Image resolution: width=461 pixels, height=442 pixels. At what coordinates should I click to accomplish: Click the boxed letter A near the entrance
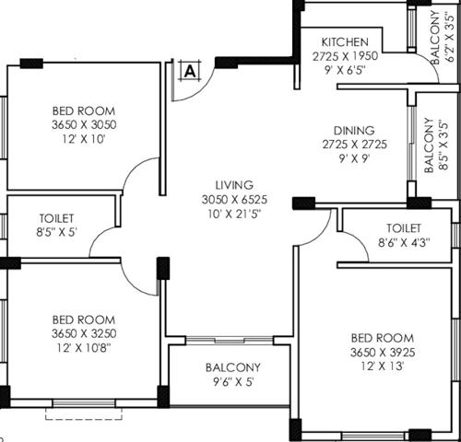tap(190, 69)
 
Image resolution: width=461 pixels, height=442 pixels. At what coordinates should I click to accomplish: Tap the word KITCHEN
tap(346, 42)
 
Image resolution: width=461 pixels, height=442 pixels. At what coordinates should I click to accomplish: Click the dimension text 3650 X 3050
tap(84, 124)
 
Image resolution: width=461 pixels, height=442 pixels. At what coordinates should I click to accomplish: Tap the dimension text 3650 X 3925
tap(381, 352)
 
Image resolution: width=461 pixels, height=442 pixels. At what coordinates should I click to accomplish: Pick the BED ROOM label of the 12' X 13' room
tap(381, 337)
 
